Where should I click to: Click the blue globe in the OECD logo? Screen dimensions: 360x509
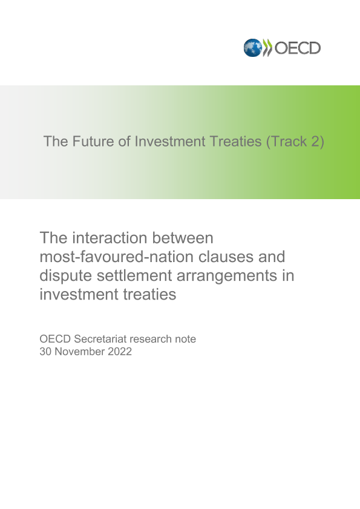[x=252, y=48]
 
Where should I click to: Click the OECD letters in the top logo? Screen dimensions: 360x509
[x=298, y=48]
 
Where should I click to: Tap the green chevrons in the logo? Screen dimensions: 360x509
[x=267, y=48]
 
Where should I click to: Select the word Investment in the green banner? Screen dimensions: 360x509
[x=170, y=142]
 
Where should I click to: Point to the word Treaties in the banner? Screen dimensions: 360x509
[x=236, y=142]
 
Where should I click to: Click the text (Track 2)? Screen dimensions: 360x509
[x=295, y=142]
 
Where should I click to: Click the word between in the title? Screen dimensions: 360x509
[x=183, y=238]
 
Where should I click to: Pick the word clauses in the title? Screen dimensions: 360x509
[x=226, y=257]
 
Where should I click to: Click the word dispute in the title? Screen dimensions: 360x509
[x=66, y=276]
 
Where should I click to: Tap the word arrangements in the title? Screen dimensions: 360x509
[x=226, y=276]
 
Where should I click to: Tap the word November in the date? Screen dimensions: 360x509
[x=80, y=352]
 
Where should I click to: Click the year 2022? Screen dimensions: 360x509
[x=120, y=352]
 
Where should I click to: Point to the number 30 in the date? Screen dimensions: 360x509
[x=46, y=352]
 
